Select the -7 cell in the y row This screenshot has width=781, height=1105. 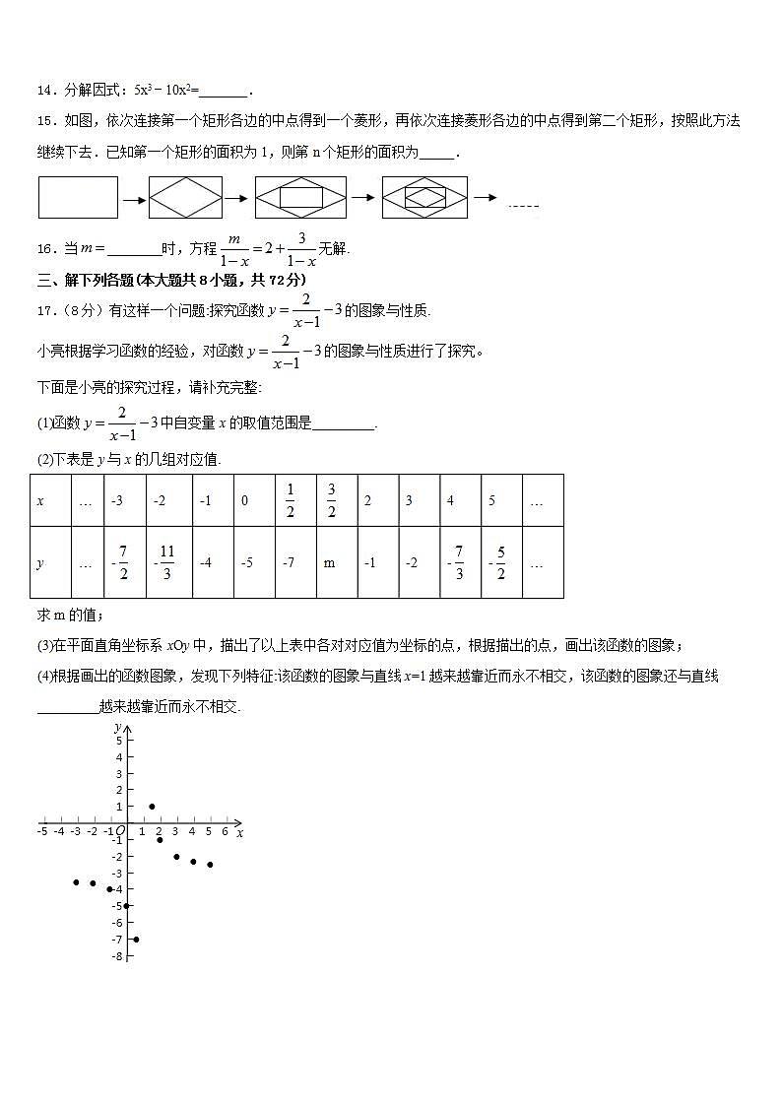[x=289, y=563]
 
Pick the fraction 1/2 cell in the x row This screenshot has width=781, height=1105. [x=290, y=500]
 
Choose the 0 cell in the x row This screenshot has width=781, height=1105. [x=245, y=500]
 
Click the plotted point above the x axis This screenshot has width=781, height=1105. [x=152, y=807]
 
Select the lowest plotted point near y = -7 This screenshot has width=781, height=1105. [x=135, y=940]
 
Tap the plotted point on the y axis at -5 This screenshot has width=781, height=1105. [x=126, y=906]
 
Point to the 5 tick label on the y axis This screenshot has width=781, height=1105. [x=118, y=741]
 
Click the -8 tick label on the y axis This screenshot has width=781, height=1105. [x=117, y=956]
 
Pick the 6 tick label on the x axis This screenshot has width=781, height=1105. [x=226, y=832]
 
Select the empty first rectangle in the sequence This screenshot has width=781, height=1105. [x=78, y=197]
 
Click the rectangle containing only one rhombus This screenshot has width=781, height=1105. [x=185, y=197]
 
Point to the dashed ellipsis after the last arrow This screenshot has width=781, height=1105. [x=523, y=205]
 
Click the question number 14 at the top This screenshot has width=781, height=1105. [x=43, y=91]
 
